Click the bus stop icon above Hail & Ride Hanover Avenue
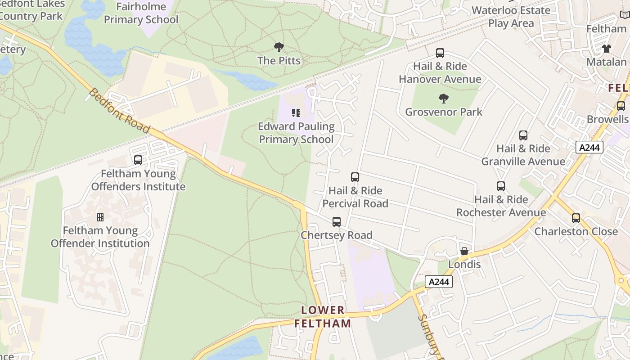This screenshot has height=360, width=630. click(440, 53)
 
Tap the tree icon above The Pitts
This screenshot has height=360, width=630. click(279, 47)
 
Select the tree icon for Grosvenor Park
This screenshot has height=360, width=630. click(444, 99)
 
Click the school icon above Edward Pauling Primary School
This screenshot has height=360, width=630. click(296, 113)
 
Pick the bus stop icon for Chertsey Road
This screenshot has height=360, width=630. click(337, 222)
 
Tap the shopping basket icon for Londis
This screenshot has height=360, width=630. click(464, 251)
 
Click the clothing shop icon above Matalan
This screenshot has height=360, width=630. click(607, 49)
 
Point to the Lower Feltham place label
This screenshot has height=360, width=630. click(323, 317)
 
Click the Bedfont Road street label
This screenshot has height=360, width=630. click(119, 111)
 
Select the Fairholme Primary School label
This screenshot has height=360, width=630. click(141, 13)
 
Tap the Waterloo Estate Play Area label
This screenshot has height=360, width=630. click(511, 17)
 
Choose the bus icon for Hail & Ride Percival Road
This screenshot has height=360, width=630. click(355, 177)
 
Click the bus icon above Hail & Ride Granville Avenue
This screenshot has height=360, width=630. click(523, 135)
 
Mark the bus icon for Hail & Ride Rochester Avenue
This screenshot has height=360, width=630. click(501, 186)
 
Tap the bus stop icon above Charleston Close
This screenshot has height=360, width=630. click(576, 218)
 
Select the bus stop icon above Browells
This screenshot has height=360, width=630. click(621, 106)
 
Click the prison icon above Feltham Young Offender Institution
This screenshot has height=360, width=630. click(100, 217)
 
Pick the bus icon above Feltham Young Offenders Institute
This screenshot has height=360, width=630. click(138, 160)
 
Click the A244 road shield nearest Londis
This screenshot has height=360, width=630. click(438, 282)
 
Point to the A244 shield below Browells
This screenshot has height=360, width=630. click(589, 147)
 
